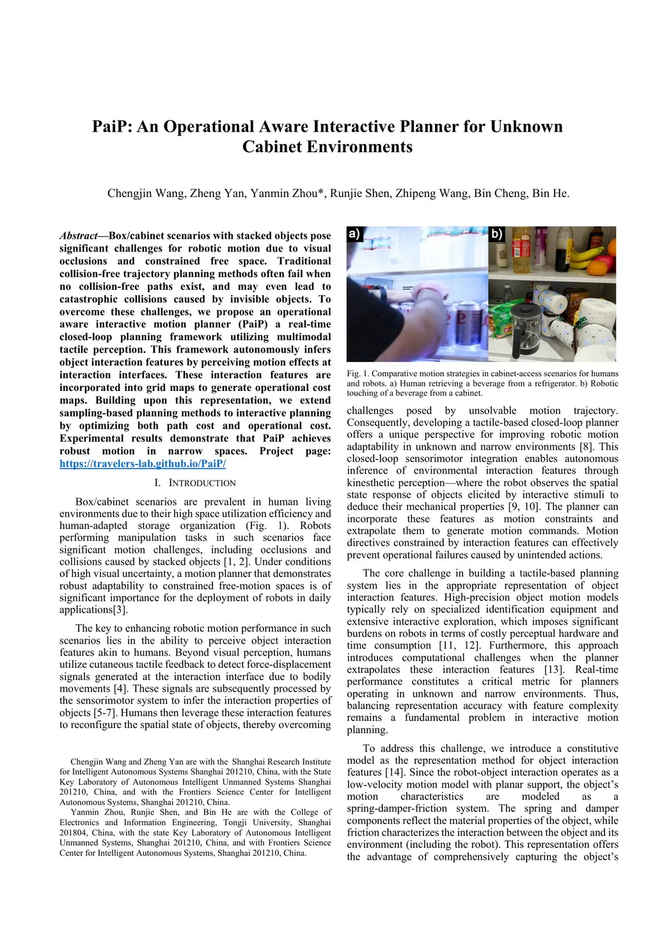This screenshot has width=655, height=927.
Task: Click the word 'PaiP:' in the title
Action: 113,127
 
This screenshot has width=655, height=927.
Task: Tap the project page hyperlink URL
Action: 143,464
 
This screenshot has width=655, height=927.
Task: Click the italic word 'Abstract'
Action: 79,235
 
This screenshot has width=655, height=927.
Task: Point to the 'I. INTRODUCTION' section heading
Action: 195,483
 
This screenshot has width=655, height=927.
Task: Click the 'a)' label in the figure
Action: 354,234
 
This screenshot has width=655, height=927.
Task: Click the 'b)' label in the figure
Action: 497,234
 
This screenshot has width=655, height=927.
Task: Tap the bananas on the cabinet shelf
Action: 585,256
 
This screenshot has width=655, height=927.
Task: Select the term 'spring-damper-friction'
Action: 397,809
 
